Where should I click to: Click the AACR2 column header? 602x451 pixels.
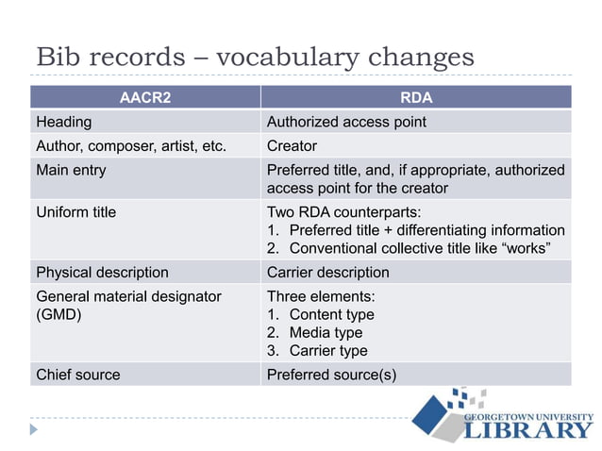(x=145, y=97)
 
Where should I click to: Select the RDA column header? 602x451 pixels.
(x=416, y=97)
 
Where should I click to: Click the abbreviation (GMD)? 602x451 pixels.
(x=59, y=315)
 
